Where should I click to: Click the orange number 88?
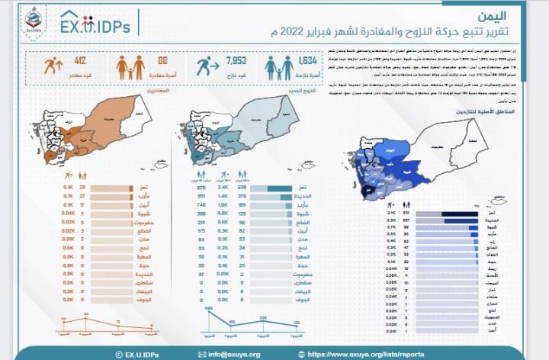pos(162,60)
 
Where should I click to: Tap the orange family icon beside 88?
pos(130,67)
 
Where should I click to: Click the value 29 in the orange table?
pos(82,186)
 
